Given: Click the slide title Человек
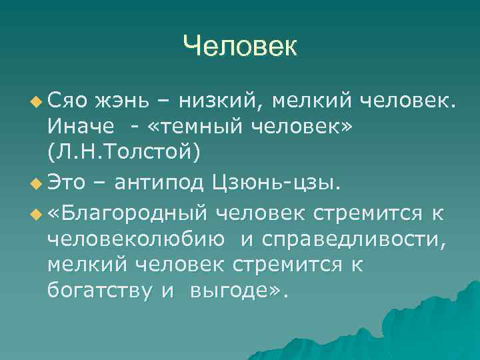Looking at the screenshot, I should [240, 47].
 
